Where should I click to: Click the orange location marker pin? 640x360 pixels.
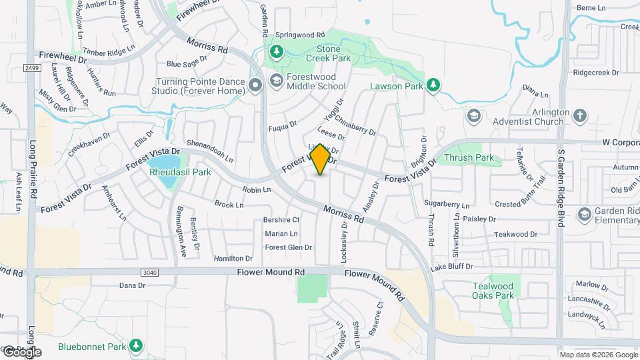coord(321,160)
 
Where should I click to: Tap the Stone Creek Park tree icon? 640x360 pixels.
coord(276,51)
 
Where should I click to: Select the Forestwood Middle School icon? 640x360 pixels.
coord(276,81)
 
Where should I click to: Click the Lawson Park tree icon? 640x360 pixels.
coord(433,85)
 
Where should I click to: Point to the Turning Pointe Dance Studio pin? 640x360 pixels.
coord(255,85)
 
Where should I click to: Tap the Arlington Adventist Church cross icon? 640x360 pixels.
coord(580,116)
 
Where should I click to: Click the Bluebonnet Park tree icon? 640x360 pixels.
coord(136,345)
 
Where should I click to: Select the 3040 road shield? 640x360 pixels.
coord(149,272)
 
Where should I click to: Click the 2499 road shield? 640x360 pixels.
coord(31,68)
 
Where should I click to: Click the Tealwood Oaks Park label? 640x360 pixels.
coord(493,290)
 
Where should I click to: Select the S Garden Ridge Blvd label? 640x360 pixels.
coord(561,187)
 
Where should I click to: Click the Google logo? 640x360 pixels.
coord(21,351)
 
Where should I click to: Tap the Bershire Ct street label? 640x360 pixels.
coord(281,219)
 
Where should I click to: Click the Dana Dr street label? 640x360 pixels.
coord(132,285)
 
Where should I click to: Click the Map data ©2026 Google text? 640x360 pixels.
coord(599,355)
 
